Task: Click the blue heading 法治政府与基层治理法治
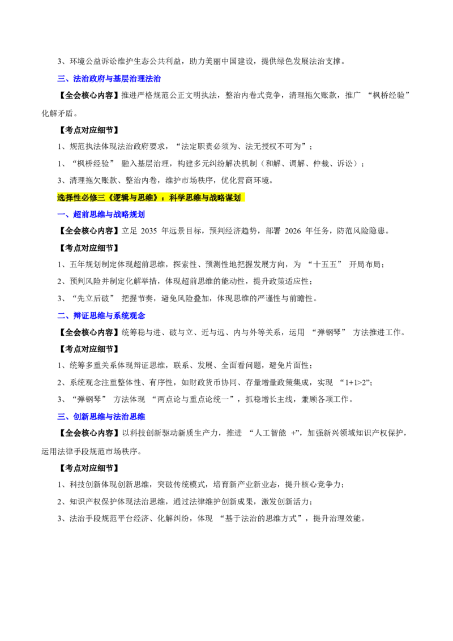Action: [117, 79]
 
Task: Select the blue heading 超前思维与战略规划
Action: [109, 215]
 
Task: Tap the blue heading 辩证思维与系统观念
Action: [109, 315]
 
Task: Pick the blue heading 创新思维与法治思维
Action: [109, 417]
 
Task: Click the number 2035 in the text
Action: [149, 232]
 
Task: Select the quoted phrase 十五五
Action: [326, 265]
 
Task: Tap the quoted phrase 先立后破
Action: [93, 299]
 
